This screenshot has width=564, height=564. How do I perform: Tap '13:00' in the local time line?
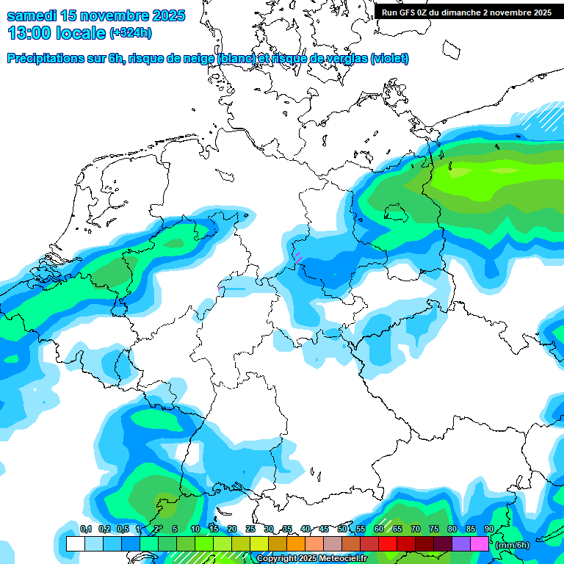(30, 33)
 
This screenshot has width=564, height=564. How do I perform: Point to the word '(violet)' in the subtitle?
(389, 59)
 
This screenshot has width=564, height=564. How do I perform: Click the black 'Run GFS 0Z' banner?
(466, 12)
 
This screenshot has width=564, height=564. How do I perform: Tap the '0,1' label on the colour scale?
(86, 529)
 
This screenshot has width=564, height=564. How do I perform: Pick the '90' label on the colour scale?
(489, 529)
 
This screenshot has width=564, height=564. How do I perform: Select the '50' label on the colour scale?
(342, 529)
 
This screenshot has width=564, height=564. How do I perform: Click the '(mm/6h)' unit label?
(513, 545)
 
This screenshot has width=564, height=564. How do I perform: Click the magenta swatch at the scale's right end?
(480, 544)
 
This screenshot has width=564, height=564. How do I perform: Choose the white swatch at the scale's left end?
(76, 544)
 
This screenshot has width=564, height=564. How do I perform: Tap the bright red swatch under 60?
(388, 544)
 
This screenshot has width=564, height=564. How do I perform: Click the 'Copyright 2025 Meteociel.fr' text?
(311, 559)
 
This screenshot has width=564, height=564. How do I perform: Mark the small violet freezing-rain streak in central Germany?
(299, 256)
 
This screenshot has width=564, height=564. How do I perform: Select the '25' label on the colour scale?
(250, 529)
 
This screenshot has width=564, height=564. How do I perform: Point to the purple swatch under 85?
(461, 544)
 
